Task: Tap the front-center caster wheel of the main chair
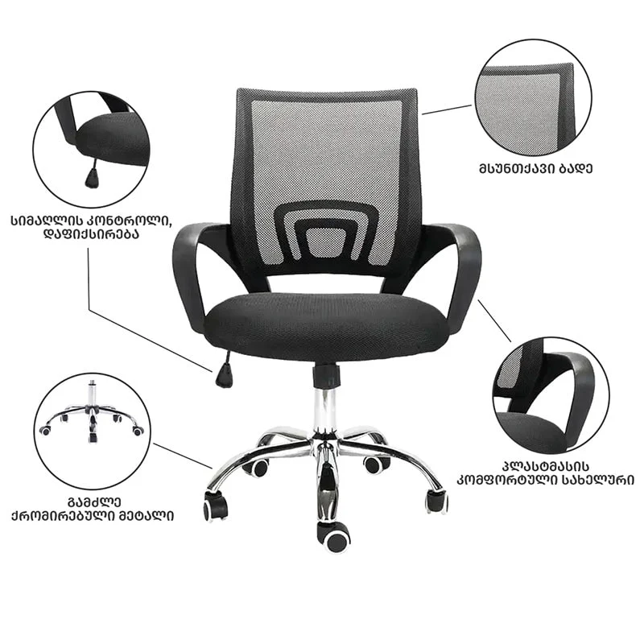click(x=333, y=537)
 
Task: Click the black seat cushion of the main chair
click(x=324, y=327)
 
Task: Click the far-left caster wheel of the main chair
click(x=215, y=506)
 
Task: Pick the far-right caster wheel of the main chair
click(x=436, y=500)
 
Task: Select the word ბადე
click(x=579, y=169)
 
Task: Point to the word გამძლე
click(x=94, y=502)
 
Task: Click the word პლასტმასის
click(x=545, y=467)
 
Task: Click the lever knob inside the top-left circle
click(x=93, y=177)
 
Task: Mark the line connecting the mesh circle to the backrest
click(x=447, y=109)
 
